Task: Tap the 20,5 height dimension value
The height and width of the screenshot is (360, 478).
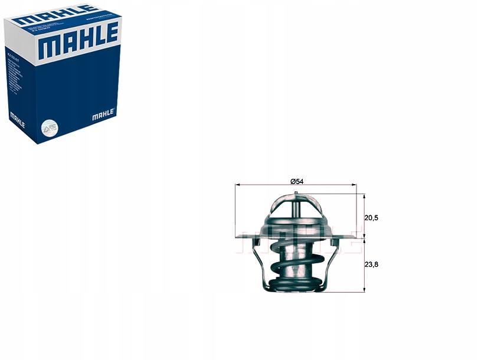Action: tap(371, 218)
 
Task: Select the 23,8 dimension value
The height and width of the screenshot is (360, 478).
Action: tap(371, 264)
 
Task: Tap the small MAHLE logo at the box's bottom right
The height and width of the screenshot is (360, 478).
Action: tap(104, 115)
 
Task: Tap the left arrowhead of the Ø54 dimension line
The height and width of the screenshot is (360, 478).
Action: tap(237, 185)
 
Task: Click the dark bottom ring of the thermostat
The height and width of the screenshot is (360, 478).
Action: tap(295, 284)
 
